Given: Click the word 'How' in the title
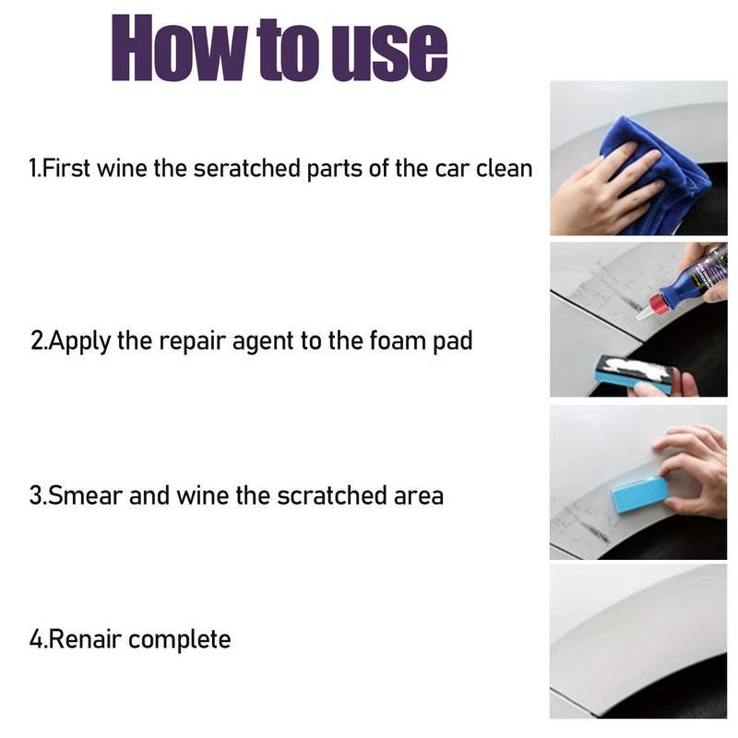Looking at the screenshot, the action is [x=180, y=48].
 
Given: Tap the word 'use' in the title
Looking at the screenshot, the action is [x=389, y=51].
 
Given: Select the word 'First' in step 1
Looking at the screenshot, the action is [x=65, y=168].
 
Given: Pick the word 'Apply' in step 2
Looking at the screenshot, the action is [x=79, y=341].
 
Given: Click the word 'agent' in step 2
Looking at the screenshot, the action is [x=263, y=342].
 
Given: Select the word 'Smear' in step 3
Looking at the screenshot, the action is [x=85, y=495].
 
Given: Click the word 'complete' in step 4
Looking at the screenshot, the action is [x=179, y=640].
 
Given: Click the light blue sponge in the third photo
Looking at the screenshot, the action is [x=640, y=494].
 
